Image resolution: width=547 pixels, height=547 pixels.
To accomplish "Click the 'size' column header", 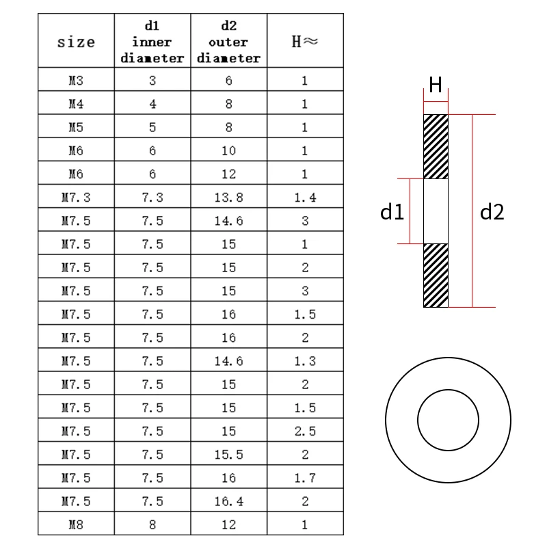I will tap(77, 42).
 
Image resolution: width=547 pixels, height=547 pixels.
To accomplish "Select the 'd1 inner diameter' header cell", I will tap(152, 42).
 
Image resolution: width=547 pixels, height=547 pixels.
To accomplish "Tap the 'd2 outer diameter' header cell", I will tap(228, 42).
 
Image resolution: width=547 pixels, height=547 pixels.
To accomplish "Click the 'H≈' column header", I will tap(304, 42).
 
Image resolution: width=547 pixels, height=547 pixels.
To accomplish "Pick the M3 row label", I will tap(77, 80).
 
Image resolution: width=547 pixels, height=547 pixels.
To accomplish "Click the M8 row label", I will tap(77, 524).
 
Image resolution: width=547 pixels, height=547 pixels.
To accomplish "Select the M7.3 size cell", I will tap(77, 197).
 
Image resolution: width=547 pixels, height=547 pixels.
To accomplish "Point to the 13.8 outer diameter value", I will tap(228, 197).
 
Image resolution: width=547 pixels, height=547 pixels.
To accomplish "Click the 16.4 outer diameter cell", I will tap(228, 501).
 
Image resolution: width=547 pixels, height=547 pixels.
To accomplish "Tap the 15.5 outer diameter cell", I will tap(228, 454).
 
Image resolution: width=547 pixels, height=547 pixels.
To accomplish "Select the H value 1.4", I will tap(304, 197).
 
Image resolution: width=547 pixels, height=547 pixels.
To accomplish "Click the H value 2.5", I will tap(304, 431).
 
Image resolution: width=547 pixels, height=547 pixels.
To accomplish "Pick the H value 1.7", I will tap(304, 478).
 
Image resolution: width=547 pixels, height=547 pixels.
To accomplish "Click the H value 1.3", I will tap(304, 361).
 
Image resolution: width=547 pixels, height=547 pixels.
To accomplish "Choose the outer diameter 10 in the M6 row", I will tap(228, 150).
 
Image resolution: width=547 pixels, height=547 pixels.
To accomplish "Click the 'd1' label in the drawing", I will tap(392, 212).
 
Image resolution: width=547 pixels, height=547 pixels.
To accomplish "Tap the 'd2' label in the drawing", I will tap(492, 212).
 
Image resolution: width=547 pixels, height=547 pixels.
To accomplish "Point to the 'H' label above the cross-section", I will tap(436, 84).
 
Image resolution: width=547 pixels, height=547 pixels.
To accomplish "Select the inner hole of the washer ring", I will tap(448, 418).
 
